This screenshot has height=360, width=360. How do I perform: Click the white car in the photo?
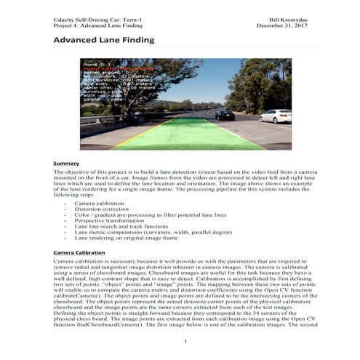tap(276, 116)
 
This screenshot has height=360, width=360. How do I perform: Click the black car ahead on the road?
tap(225, 114)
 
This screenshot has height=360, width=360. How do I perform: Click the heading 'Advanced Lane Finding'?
tap(103, 40)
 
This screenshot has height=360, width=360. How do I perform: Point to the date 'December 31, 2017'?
tap(282, 23)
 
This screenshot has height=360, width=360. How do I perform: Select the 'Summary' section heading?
tap(66, 164)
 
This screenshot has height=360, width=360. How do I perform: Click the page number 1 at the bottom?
tap(186, 341)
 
